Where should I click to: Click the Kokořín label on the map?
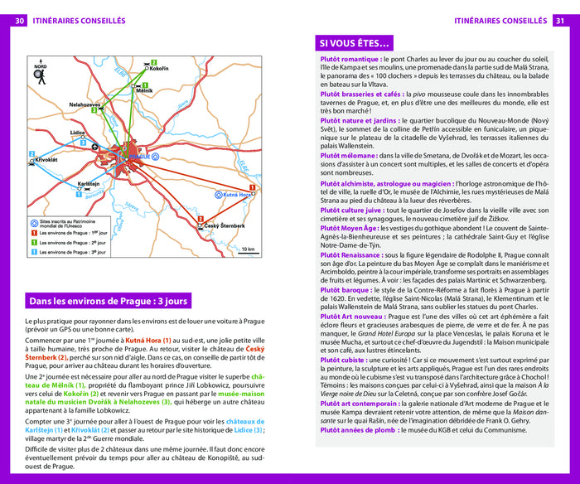click(160, 70)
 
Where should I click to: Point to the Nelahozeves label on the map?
click(85, 105)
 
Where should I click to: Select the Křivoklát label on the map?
click(46, 158)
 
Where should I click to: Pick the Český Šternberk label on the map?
click(223, 226)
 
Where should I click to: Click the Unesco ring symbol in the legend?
click(32, 221)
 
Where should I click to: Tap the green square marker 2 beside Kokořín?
click(153, 62)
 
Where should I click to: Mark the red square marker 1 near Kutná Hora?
click(251, 187)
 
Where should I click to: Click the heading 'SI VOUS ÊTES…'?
click(355, 43)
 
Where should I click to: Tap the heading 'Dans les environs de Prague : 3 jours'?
click(109, 301)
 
